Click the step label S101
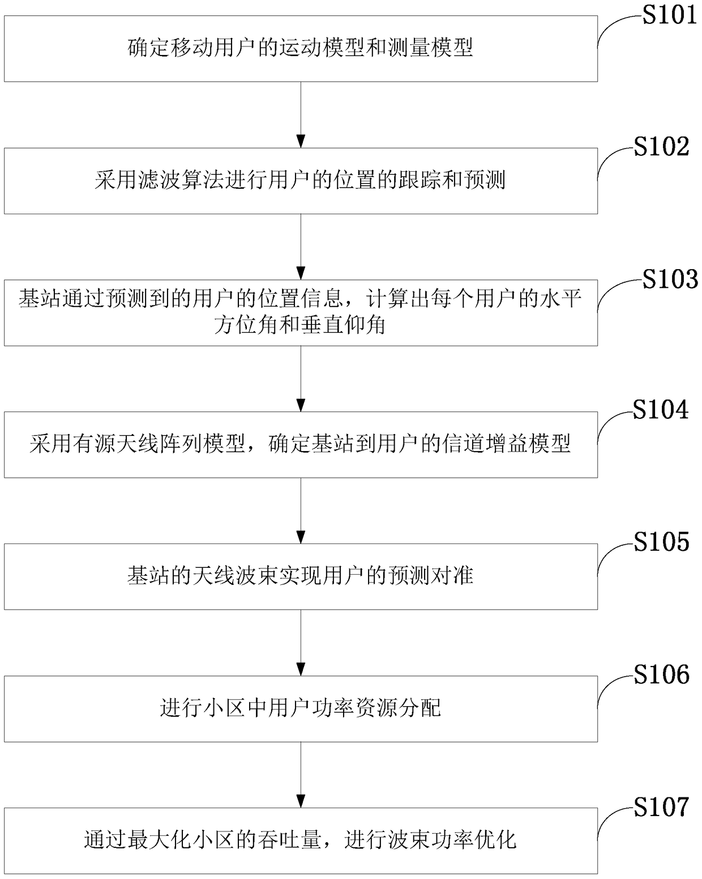(x=669, y=15)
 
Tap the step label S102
(x=661, y=147)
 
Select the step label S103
(x=669, y=279)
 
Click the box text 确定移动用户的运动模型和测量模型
(x=301, y=48)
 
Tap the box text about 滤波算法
(x=301, y=180)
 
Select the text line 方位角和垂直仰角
(x=301, y=325)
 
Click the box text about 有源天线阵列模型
(x=301, y=444)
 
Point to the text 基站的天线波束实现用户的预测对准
(x=301, y=576)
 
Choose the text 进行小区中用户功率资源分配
(x=301, y=708)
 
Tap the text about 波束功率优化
(x=301, y=839)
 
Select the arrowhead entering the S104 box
(x=301, y=405)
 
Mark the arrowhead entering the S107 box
(x=301, y=801)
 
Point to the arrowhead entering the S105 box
(x=301, y=537)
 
